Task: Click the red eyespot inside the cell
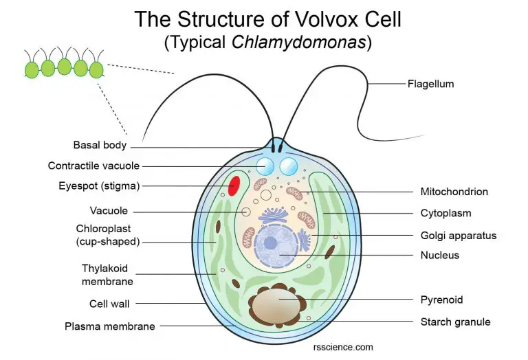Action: pyautogui.click(x=234, y=185)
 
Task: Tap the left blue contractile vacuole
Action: pyautogui.click(x=265, y=166)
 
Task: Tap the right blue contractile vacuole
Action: pyautogui.click(x=288, y=166)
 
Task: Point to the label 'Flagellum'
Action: pyautogui.click(x=430, y=85)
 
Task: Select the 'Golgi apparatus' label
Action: pyautogui.click(x=458, y=236)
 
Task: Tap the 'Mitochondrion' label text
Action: pyautogui.click(x=454, y=192)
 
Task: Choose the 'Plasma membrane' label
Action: pyautogui.click(x=109, y=326)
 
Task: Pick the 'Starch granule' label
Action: pyautogui.click(x=455, y=321)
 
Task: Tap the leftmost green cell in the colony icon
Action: pyautogui.click(x=32, y=69)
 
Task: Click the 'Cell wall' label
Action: pyautogui.click(x=109, y=303)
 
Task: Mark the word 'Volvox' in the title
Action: pyautogui.click(x=305, y=19)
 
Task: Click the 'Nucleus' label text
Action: pyautogui.click(x=439, y=255)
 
